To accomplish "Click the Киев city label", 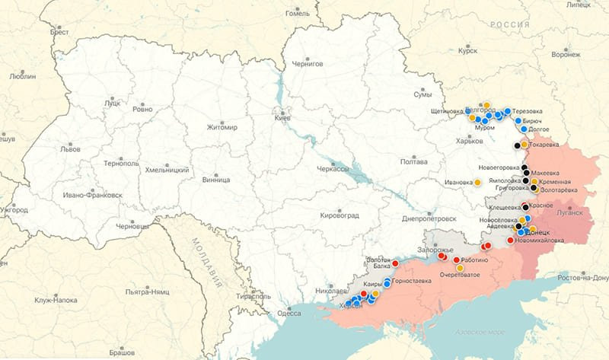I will coord(282,119).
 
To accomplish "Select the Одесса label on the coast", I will coord(289,313).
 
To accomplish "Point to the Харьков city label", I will coord(469,141).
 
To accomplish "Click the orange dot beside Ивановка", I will coord(477,183).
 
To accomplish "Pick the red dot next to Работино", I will coord(457,260).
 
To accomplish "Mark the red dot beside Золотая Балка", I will coord(395,263).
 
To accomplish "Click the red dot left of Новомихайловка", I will coord(510,240).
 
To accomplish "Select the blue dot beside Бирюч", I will coord(518,121).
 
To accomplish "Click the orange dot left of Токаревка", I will coord(525,144).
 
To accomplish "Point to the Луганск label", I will coord(569,213).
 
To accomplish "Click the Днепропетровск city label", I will coord(428,218).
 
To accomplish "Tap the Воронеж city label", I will coord(565,55).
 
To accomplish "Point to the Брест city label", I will coord(59,31).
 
